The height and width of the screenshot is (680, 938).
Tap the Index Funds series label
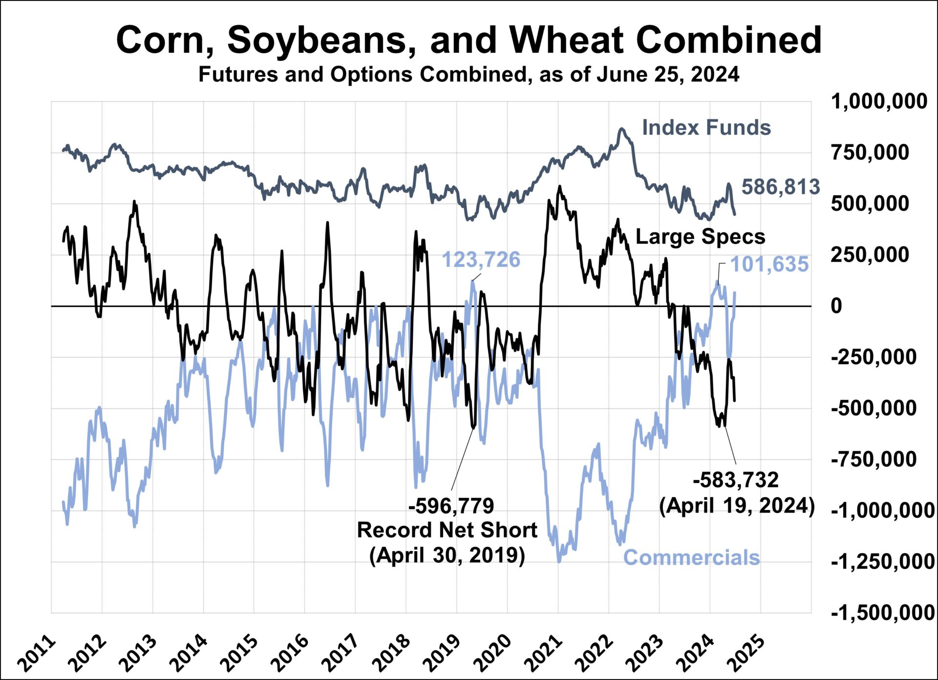706,127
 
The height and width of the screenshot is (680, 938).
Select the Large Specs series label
700,237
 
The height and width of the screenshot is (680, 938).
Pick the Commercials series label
691,557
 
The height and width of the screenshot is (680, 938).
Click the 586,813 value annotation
780,187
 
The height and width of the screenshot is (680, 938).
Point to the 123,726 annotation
481,260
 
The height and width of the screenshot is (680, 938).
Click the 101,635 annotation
769,265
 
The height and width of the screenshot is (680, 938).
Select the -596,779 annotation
451,506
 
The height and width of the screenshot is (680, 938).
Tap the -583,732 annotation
735,480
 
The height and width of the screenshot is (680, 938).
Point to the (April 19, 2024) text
737,506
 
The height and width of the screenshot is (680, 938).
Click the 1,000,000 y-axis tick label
879,102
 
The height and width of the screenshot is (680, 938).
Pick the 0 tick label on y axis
836,306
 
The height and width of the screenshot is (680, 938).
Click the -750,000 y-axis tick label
874,459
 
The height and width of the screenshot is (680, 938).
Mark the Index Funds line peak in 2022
621,129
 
